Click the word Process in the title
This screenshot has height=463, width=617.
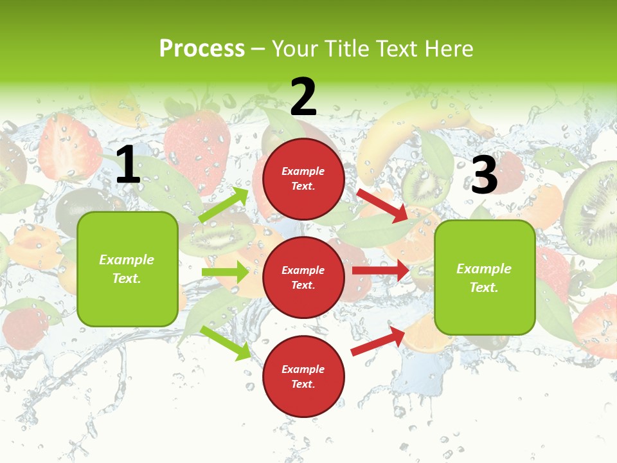[x=202, y=48]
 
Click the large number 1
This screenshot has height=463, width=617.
[x=128, y=165]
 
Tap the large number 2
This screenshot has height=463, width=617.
[x=303, y=97]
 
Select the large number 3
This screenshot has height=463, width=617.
[x=484, y=176]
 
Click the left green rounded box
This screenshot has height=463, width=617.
[x=127, y=269]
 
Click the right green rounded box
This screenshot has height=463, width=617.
[x=485, y=277]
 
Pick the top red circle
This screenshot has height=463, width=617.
[x=303, y=179]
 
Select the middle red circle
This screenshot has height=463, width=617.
[x=303, y=278]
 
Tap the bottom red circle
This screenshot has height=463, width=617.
[x=303, y=377]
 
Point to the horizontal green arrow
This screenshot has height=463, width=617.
[x=225, y=272]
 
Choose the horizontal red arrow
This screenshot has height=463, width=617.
[x=380, y=271]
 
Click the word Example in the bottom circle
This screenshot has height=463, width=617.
[x=303, y=369]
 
